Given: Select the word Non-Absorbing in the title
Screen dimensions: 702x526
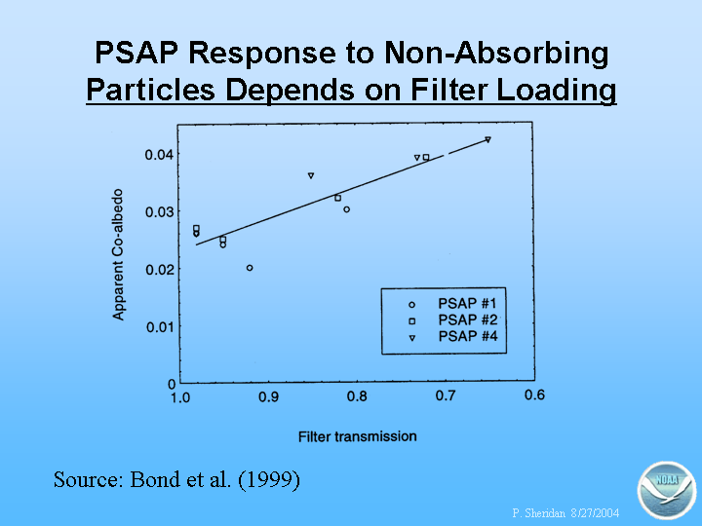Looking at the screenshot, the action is click(x=496, y=54).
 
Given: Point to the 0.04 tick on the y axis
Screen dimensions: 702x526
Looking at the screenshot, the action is click(x=159, y=155).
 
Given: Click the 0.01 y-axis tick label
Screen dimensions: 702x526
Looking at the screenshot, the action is click(x=159, y=327).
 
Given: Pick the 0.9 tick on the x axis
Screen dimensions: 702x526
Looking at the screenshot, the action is click(x=269, y=396).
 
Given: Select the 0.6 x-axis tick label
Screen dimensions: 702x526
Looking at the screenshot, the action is click(x=534, y=394).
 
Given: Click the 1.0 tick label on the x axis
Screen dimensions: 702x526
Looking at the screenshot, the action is click(x=180, y=397).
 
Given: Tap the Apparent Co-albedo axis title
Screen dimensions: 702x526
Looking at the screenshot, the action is click(x=118, y=254).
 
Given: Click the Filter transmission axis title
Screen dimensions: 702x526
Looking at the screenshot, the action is click(x=357, y=436).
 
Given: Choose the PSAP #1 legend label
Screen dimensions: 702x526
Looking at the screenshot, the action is click(x=467, y=304).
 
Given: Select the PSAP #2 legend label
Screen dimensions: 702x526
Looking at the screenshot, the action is click(x=467, y=320).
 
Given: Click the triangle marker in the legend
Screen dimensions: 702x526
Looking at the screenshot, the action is click(x=411, y=338).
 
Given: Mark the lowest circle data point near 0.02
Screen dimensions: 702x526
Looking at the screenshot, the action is click(x=250, y=268).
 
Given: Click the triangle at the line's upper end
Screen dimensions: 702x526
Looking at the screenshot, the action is click(x=488, y=139).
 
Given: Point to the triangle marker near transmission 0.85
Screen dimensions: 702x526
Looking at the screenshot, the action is click(x=311, y=175).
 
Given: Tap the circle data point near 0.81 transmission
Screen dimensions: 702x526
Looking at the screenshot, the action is click(x=346, y=209).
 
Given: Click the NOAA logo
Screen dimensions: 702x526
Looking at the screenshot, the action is click(x=666, y=490).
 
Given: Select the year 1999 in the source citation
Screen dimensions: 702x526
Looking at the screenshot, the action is click(x=269, y=479).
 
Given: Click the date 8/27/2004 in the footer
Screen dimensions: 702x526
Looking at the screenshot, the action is click(x=595, y=512).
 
